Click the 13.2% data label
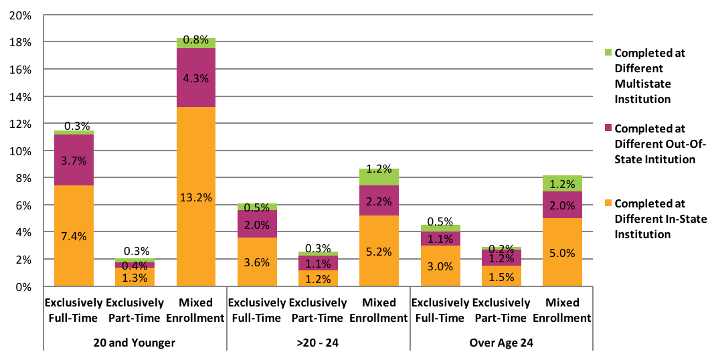pos(195,197)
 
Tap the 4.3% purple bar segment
pos(195,78)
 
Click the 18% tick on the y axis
pos(24,42)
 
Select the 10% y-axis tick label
pos(24,151)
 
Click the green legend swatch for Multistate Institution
pos(608,52)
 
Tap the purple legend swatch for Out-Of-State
pos(608,128)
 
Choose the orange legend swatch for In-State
pos(608,203)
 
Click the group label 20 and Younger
pos(135,343)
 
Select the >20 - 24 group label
pos(318,343)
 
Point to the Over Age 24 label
pos(501,343)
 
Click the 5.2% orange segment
pos(379,251)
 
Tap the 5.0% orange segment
pos(562,252)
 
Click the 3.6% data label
pos(256,262)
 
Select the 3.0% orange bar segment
pos(440,266)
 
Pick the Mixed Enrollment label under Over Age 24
pos(562,310)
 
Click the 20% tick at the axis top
pos(24,15)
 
